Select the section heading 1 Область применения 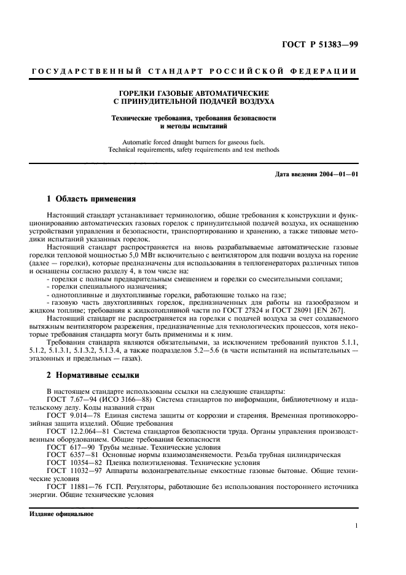click(87, 199)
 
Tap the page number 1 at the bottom click(357, 526)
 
